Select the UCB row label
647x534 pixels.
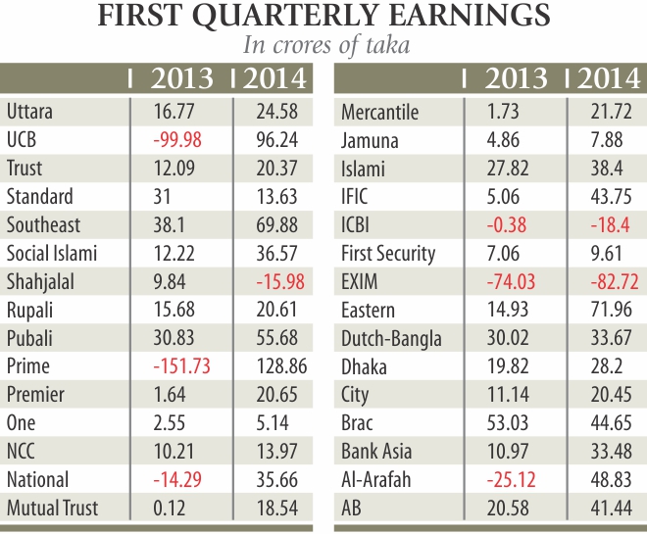click(x=21, y=140)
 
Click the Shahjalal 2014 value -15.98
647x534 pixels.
click(x=274, y=282)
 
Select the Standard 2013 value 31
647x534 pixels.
click(x=162, y=197)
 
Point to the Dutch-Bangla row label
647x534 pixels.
click(x=391, y=339)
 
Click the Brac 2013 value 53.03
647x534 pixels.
click(x=509, y=423)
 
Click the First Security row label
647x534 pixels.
click(x=387, y=254)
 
